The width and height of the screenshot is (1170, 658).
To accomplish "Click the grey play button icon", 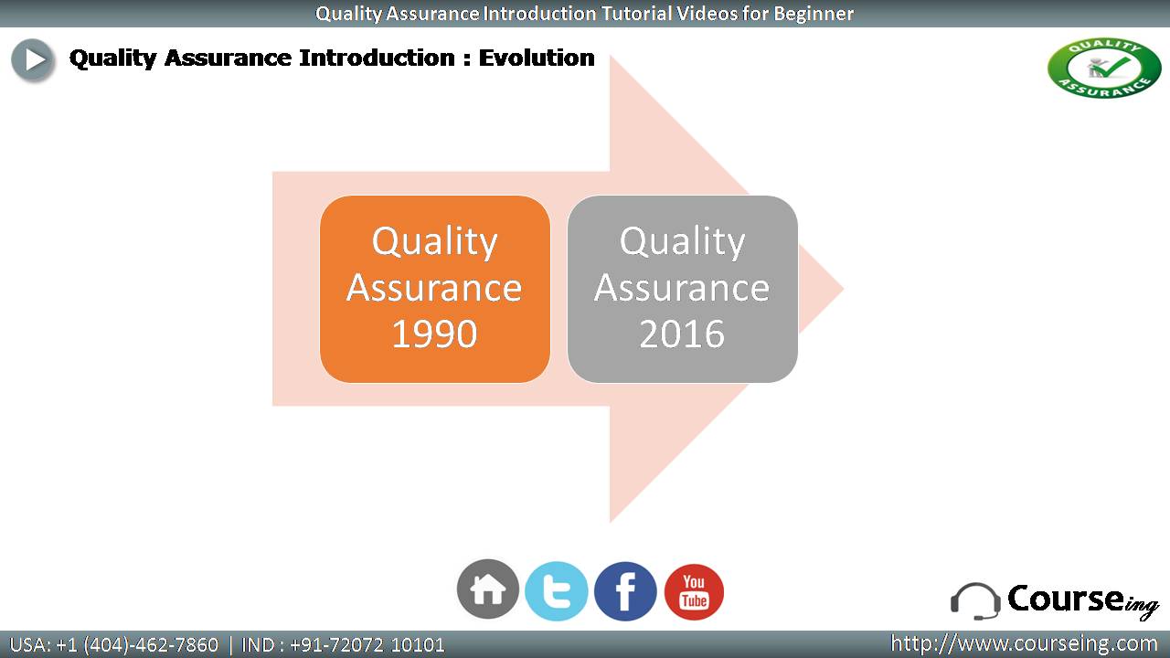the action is [32, 60].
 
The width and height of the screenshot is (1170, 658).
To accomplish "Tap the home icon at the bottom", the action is [488, 589].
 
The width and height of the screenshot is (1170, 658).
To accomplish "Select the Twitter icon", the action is [557, 591].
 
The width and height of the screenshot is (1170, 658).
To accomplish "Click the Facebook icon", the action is [625, 591].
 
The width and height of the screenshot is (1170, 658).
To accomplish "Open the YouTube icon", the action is [694, 591].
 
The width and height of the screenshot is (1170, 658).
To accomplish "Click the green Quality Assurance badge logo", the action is [1104, 68].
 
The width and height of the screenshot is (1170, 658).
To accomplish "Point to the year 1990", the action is [434, 334].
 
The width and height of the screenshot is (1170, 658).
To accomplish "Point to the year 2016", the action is [682, 334].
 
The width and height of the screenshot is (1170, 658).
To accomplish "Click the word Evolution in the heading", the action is [537, 58].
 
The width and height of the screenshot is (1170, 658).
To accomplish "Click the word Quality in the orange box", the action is [434, 242].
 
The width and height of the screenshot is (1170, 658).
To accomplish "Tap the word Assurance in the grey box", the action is [682, 288].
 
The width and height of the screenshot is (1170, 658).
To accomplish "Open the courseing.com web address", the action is [1024, 643].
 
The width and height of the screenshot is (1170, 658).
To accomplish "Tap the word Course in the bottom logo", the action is [1066, 598].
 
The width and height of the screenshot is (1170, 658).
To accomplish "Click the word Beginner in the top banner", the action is [814, 14].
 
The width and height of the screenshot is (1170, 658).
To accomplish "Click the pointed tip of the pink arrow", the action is [843, 289].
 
